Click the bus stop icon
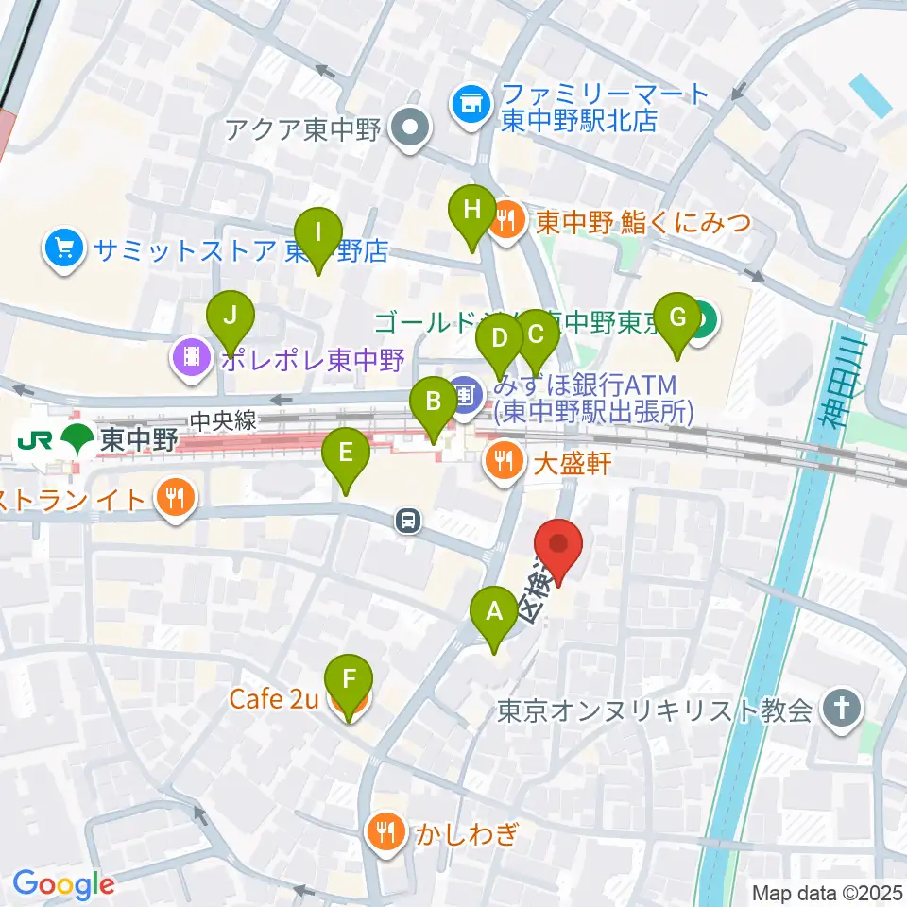(x=408, y=519)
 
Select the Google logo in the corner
(x=63, y=884)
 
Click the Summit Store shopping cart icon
(x=63, y=249)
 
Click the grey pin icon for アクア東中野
(x=410, y=128)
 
